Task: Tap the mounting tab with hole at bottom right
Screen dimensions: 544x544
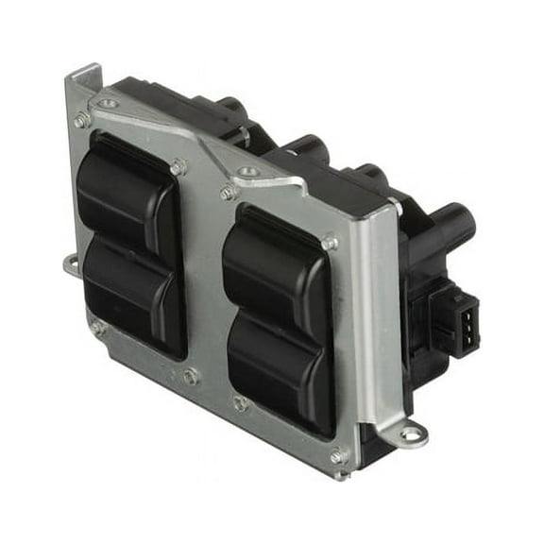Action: [412, 435]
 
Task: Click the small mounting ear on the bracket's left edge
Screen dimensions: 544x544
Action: [71, 265]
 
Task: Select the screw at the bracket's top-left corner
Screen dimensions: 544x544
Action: [82, 120]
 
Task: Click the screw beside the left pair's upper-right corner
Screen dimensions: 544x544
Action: [178, 166]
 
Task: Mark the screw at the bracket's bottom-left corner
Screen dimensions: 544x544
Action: [97, 328]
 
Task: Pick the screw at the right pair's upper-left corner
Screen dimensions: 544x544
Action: [228, 193]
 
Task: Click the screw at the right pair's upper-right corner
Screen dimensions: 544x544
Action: [330, 242]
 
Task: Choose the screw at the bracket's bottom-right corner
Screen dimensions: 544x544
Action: [338, 456]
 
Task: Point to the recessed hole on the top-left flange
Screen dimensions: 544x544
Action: [108, 103]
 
